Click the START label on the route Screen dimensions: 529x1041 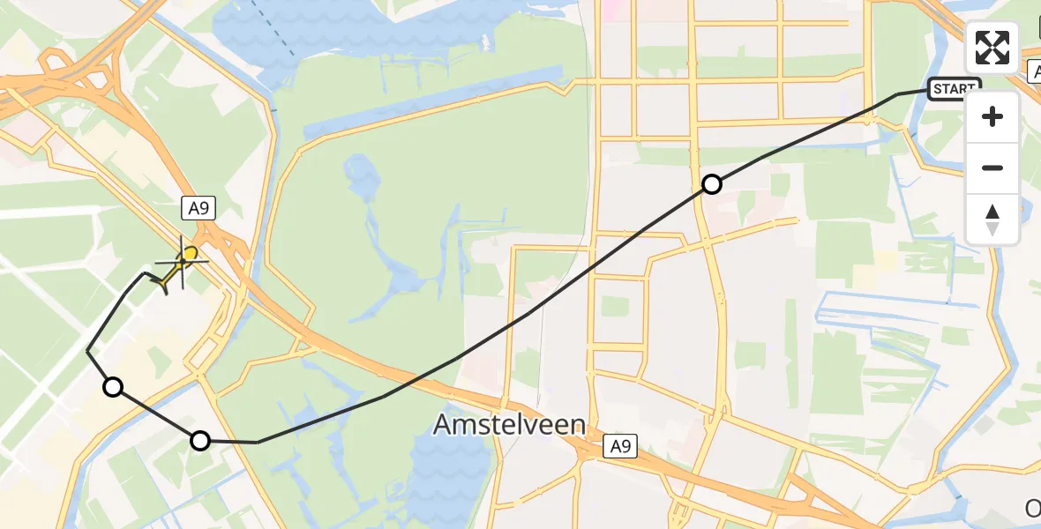pos(954,89)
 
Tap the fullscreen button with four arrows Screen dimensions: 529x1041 pos(992,48)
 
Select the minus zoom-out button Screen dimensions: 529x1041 pos(992,168)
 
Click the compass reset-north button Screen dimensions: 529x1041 pos(992,220)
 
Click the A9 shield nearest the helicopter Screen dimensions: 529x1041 pos(199,208)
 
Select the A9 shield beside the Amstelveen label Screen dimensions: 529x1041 pos(620,447)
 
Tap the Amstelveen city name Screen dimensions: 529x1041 pos(509,426)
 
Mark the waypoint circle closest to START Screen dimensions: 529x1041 pos(712,184)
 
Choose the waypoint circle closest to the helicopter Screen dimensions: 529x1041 pos(113,387)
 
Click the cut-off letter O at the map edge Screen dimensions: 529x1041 pos(1032,509)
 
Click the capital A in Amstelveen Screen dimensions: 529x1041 pos(444,426)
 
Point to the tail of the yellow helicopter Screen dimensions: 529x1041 pos(164,284)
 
